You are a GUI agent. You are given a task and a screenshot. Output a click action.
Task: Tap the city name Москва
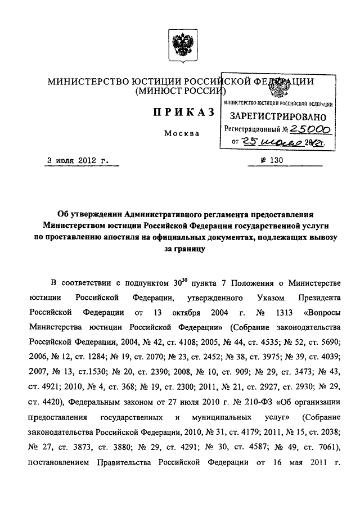[182, 134]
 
